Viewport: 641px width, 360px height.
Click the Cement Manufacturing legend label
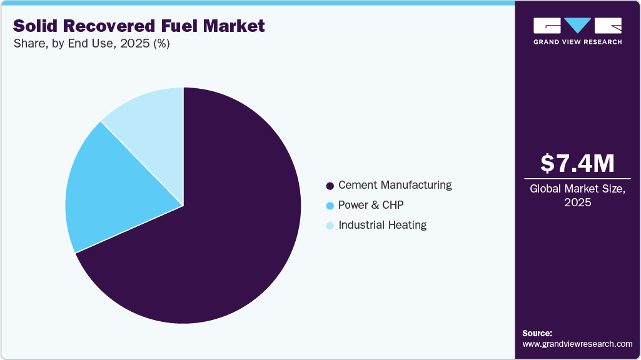(x=395, y=185)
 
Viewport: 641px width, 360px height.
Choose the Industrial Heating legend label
(x=382, y=225)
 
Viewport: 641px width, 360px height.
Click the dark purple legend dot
(x=330, y=186)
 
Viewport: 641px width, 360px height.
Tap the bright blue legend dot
(x=330, y=206)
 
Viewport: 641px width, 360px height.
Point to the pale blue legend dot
(x=330, y=226)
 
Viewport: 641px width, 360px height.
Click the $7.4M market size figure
(x=577, y=163)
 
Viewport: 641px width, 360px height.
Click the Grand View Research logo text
(x=577, y=42)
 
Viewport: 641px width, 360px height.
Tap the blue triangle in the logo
(x=578, y=25)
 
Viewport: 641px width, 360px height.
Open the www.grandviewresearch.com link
(x=577, y=344)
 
